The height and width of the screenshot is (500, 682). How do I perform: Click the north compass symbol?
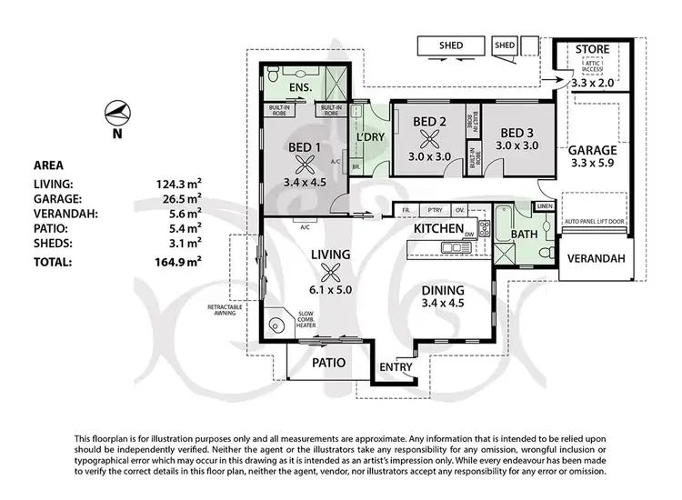(x=116, y=113)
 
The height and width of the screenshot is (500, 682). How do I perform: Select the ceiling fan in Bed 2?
(x=429, y=140)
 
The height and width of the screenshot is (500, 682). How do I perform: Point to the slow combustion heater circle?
(x=274, y=323)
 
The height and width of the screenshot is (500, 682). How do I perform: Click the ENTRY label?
(x=396, y=367)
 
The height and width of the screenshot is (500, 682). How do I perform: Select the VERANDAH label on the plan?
(x=597, y=258)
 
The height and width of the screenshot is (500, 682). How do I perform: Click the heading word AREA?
(x=47, y=165)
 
